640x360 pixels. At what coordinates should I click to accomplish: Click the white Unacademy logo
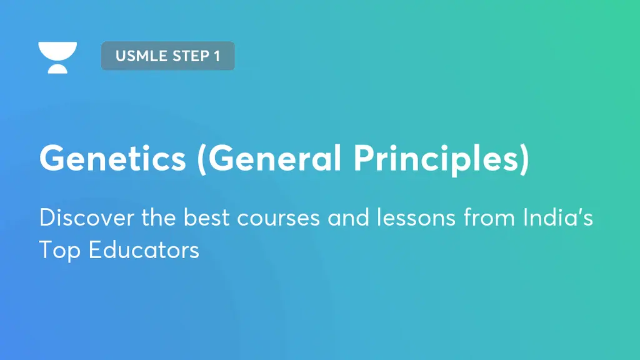pyautogui.click(x=57, y=57)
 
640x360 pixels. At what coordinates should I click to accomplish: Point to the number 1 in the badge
pyautogui.click(x=217, y=56)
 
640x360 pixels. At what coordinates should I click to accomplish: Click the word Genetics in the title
pyautogui.click(x=112, y=159)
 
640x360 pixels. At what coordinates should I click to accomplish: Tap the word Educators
pyautogui.click(x=144, y=250)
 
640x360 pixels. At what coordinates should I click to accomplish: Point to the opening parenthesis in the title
pyautogui.click(x=202, y=160)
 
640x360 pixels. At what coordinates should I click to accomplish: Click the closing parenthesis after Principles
pyautogui.click(x=524, y=160)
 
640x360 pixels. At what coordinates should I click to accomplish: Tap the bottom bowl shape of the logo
pyautogui.click(x=57, y=67)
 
